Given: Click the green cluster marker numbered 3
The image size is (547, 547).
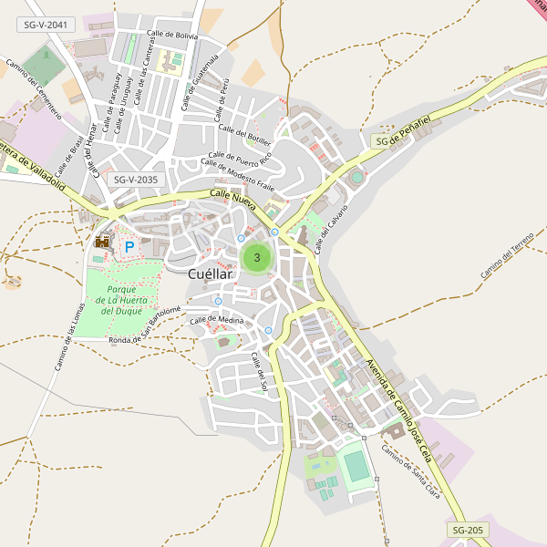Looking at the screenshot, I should pyautogui.click(x=257, y=258).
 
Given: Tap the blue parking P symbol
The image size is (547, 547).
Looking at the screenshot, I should pyautogui.click(x=129, y=246).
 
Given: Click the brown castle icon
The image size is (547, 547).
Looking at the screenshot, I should pyautogui.click(x=102, y=242).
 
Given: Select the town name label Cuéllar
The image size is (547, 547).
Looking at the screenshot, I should pyautogui.click(x=211, y=273).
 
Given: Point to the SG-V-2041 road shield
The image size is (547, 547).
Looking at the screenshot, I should pyautogui.click(x=46, y=26).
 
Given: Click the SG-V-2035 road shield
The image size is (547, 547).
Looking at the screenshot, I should pyautogui.click(x=137, y=180).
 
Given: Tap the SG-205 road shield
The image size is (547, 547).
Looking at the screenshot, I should pyautogui.click(x=469, y=530).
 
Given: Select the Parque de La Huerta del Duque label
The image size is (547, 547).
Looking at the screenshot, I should pyautogui.click(x=120, y=300).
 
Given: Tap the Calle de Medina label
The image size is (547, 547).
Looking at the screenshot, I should pyautogui.click(x=217, y=320).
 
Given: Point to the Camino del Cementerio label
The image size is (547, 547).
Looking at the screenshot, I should pyautogui.click(x=33, y=89).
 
